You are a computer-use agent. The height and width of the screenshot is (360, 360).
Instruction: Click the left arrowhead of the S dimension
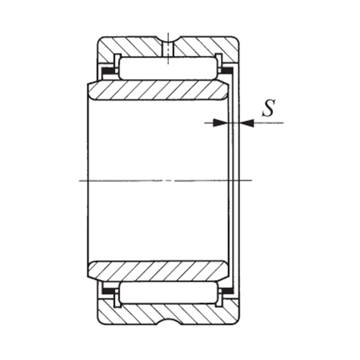tap(223, 122)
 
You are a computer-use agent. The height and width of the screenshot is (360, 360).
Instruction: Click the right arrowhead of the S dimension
tap(244, 122)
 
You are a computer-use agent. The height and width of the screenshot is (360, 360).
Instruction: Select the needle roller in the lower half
tap(167, 292)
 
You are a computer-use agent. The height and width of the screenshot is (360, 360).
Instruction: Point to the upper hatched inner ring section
tap(158, 91)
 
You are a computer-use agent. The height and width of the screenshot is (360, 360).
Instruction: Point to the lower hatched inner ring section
tap(158, 271)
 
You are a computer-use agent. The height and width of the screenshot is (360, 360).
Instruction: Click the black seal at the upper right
tap(226, 72)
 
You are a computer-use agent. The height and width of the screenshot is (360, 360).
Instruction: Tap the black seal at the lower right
tap(226, 289)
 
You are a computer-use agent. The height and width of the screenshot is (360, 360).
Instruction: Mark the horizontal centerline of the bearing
tap(120, 180)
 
